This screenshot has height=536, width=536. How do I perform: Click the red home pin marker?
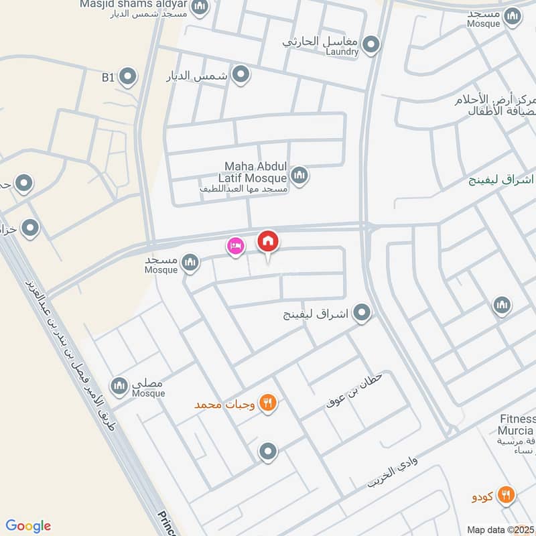tap(268, 242)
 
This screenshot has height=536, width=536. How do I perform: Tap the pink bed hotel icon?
tap(235, 246)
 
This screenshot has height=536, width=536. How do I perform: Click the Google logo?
tap(28, 526)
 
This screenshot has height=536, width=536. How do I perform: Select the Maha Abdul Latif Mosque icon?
tap(299, 176)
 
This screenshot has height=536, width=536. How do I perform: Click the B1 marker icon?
tap(127, 77)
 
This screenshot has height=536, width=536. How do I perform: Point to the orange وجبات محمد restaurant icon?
tap(268, 403)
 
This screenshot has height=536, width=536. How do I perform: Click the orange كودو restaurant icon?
tap(507, 495)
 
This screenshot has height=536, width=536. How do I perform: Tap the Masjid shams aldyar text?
tap(133, 4)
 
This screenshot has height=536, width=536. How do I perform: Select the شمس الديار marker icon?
tap(241, 74)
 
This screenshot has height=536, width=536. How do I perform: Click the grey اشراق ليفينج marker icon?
tap(362, 313)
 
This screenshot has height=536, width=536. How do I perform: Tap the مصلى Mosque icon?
tap(119, 385)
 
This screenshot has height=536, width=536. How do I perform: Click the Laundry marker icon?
tap(371, 45)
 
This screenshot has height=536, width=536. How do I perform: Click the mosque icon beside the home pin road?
tap(191, 262)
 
